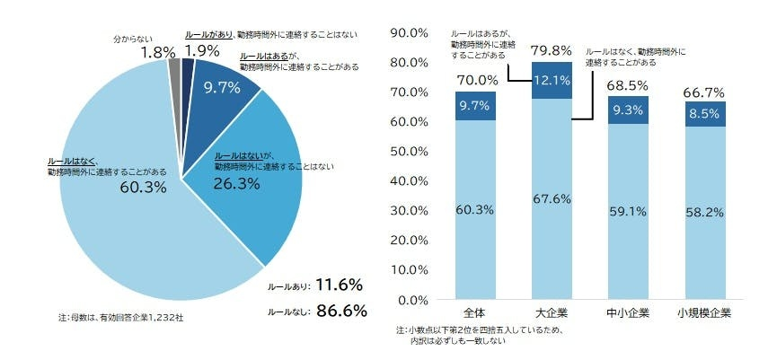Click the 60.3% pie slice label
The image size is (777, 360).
(144, 188)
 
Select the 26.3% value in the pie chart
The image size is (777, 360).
(236, 183)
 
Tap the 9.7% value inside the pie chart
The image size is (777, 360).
(221, 87)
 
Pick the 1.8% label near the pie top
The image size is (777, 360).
(157, 53)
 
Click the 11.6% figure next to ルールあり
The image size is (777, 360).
(338, 285)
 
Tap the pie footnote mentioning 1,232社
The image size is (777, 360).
(120, 317)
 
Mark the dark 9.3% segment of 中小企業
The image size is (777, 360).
(627, 110)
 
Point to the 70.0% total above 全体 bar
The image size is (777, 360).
(476, 80)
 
